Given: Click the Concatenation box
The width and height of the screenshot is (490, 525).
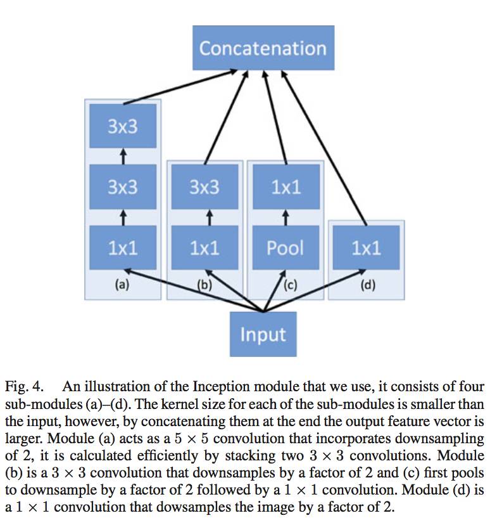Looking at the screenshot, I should pyautogui.click(x=263, y=48).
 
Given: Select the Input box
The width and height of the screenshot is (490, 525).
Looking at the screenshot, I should pyautogui.click(x=263, y=334).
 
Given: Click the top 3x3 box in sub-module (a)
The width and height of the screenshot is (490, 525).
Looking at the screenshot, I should pyautogui.click(x=122, y=126).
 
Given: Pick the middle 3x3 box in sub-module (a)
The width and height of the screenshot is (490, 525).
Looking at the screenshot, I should pyautogui.click(x=122, y=187).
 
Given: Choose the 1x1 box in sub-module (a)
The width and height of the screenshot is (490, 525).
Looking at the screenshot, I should pyautogui.click(x=122, y=247).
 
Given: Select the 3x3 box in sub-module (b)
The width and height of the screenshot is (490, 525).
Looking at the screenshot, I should pyautogui.click(x=204, y=187).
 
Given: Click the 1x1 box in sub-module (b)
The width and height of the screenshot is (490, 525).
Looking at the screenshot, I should pyautogui.click(x=204, y=247).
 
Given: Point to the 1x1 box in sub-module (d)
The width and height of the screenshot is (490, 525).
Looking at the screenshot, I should pyautogui.click(x=366, y=247).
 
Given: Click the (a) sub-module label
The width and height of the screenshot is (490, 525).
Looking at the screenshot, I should pyautogui.click(x=122, y=285).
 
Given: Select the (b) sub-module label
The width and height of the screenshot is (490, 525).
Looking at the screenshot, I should pyautogui.click(x=204, y=285).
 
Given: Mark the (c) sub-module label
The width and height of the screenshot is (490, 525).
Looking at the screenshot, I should pyautogui.click(x=290, y=285).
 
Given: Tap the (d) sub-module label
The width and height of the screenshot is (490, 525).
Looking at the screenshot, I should pyautogui.click(x=367, y=285).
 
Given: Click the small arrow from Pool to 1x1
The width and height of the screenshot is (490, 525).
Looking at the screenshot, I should pyautogui.click(x=285, y=217).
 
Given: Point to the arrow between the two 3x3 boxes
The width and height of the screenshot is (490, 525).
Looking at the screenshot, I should pyautogui.click(x=124, y=156).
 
